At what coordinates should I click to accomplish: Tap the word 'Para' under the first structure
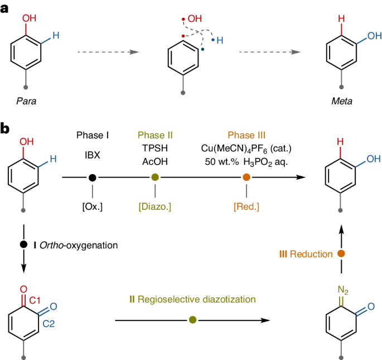pos(23,101)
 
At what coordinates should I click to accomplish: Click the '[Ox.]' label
pos(92,207)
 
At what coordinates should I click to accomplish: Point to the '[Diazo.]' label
pos(155,207)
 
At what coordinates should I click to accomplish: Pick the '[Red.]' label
pos(246,207)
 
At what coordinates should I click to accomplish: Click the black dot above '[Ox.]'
pos(92,177)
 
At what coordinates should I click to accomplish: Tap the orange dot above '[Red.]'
pos(246,177)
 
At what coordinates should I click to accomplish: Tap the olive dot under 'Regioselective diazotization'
pos(192,320)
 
